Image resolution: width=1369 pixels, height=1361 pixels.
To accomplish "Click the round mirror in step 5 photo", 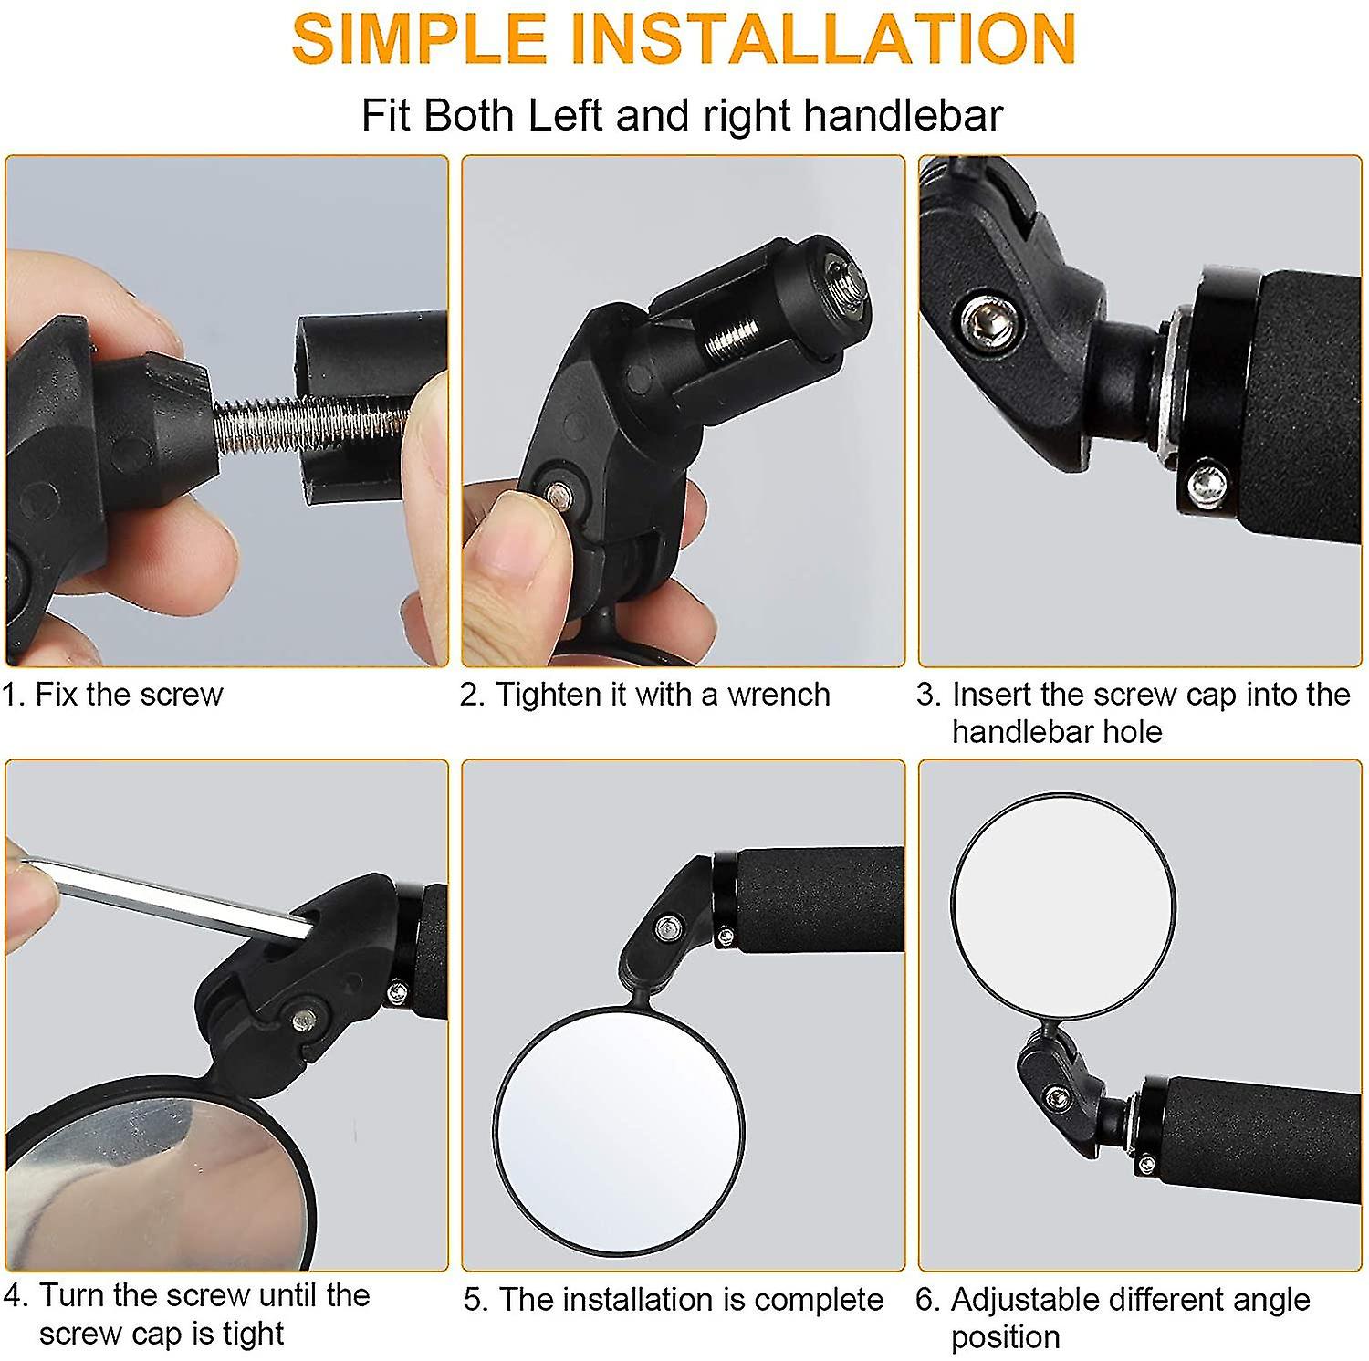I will click(x=619, y=1128).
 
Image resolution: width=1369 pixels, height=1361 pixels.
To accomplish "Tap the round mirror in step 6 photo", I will click(x=1062, y=906).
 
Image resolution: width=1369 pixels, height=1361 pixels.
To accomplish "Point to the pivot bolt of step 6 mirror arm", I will click(x=1058, y=1097).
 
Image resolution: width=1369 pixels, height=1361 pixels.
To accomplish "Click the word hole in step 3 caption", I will click(x=1131, y=732).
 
